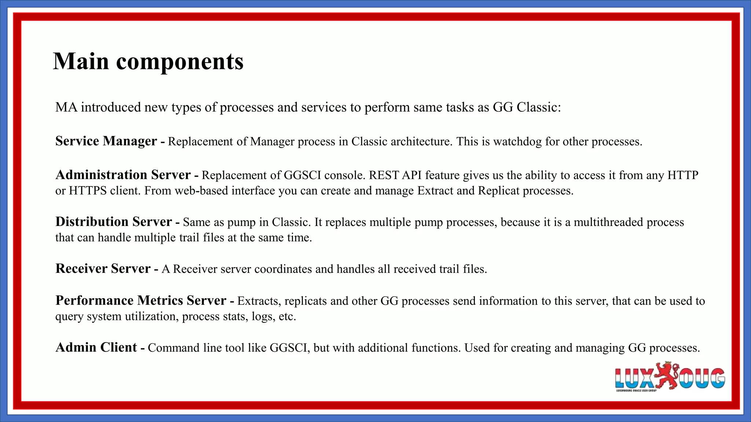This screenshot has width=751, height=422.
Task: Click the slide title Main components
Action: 148,61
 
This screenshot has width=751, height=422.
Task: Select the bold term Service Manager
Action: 106,141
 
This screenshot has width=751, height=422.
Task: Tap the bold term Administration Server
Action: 123,175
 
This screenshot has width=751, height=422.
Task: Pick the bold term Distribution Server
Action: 113,222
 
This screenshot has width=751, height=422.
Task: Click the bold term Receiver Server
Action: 103,269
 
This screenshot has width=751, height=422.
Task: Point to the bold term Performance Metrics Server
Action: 140,300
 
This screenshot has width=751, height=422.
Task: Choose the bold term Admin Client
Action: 96,347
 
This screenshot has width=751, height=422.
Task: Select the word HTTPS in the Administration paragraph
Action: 88,191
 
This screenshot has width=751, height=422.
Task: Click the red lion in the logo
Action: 666,375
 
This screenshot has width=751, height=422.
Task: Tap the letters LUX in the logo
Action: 634,378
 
